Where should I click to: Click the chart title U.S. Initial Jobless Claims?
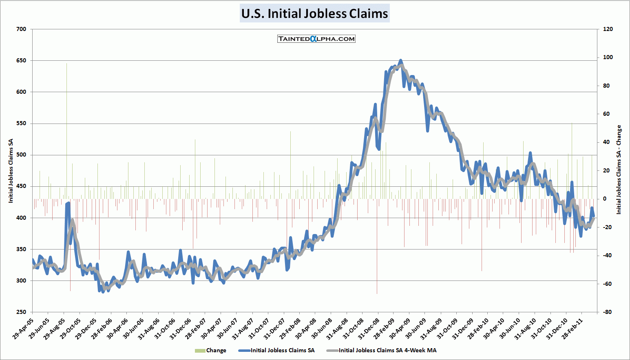coord(314,13)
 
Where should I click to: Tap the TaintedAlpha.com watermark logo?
coord(316,39)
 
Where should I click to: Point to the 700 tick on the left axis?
coord(22,29)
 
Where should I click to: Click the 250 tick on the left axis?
coord(22,312)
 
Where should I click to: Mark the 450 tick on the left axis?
coord(22,186)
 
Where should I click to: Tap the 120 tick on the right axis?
coord(608,29)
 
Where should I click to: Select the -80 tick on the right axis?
coord(607,312)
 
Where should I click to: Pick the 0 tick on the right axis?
coord(605,199)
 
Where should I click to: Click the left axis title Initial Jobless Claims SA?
coord(11,171)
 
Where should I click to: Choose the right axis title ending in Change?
coord(619,170)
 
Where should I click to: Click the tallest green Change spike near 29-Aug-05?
coord(66,65)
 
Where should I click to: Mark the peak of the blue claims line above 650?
coord(400,60)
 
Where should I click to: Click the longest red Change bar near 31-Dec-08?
coord(377,285)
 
